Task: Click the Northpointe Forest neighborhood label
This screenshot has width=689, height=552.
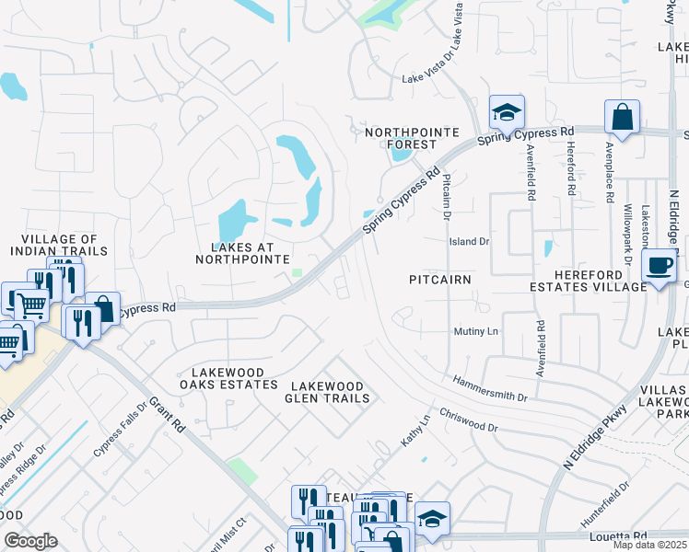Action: (x=412, y=138)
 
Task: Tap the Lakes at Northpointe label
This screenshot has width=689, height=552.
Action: (x=243, y=253)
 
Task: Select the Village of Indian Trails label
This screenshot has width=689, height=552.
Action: (x=59, y=245)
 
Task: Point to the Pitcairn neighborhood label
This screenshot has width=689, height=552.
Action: (x=440, y=278)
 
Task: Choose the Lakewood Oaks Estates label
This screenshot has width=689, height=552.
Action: (x=228, y=379)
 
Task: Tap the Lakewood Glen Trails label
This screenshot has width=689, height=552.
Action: (x=330, y=392)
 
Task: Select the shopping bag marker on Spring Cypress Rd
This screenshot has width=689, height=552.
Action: (x=622, y=117)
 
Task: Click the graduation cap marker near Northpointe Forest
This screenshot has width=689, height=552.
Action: (x=506, y=112)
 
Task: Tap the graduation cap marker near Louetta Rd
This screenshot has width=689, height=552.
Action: (x=431, y=518)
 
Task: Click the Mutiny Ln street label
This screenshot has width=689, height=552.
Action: (x=475, y=331)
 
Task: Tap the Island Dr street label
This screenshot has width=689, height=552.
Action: (x=469, y=242)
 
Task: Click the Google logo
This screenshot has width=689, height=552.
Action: (x=31, y=541)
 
